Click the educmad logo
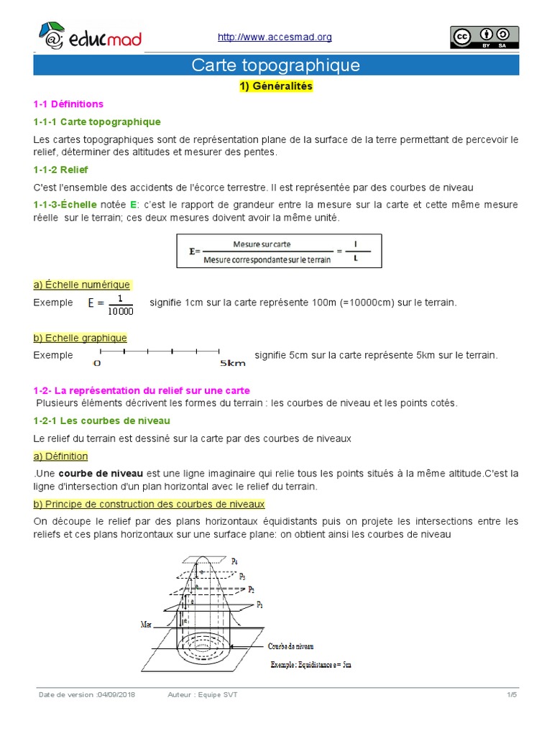click(89, 37)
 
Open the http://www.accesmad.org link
click(274, 37)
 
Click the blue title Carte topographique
click(275, 65)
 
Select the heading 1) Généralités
click(276, 87)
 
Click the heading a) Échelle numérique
click(82, 285)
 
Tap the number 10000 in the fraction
click(120, 310)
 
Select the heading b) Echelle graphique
click(80, 338)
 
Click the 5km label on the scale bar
click(234, 364)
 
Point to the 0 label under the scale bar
click(97, 364)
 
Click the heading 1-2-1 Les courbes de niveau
click(101, 420)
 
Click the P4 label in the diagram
click(235, 560)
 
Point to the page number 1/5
click(512, 695)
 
